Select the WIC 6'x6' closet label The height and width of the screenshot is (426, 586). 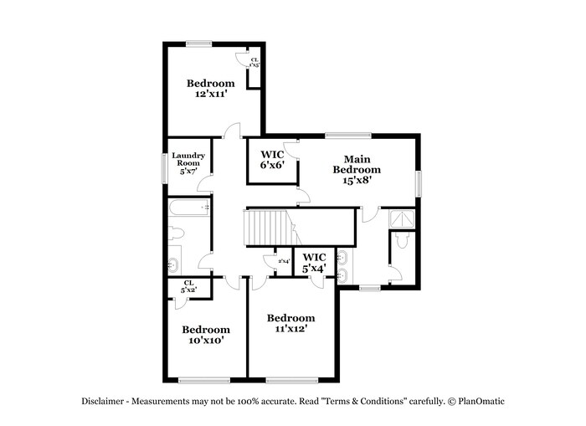(272, 160)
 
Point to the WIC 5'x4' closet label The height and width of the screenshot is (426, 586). (314, 263)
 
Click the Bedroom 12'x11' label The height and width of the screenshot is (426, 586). (209, 89)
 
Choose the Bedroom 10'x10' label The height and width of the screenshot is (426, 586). (206, 335)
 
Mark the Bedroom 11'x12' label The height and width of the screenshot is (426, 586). (290, 323)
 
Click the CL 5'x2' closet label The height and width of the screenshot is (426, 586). (188, 286)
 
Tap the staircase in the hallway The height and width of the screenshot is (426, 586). (267, 228)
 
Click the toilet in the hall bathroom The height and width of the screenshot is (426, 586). (176, 234)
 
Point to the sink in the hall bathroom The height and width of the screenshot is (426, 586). (174, 262)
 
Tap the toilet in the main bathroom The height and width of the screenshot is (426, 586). (401, 242)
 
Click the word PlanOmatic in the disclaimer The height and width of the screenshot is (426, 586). (480, 401)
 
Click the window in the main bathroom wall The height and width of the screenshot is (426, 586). (369, 288)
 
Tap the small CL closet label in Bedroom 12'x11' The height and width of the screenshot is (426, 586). (254, 61)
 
